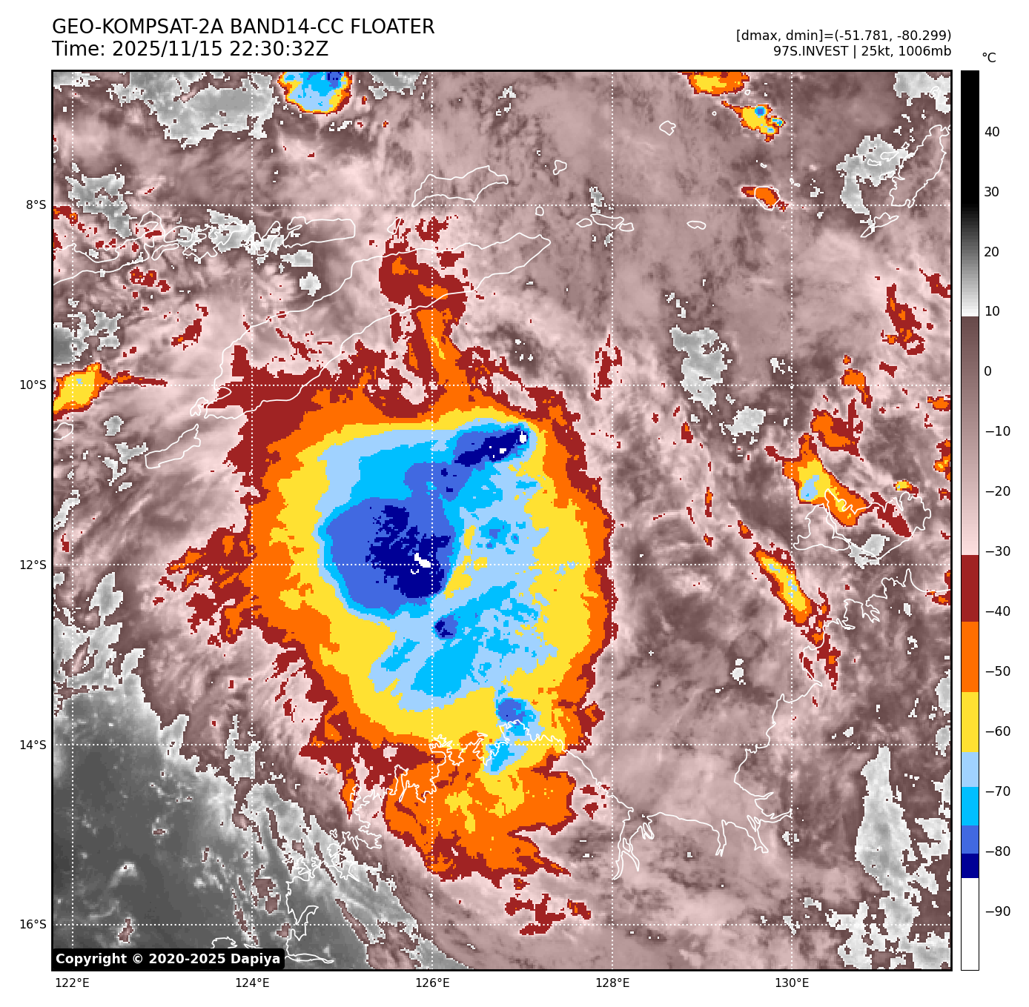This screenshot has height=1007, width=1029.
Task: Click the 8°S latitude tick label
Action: pyautogui.click(x=36, y=205)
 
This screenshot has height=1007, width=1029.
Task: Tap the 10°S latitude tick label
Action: pyautogui.click(x=33, y=385)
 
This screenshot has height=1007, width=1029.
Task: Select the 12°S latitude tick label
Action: pyautogui.click(x=33, y=565)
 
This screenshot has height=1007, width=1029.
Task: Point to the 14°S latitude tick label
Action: pyautogui.click(x=33, y=745)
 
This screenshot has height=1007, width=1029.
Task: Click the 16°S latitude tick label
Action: pyautogui.click(x=33, y=925)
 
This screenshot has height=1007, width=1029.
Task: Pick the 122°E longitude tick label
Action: pyautogui.click(x=73, y=983)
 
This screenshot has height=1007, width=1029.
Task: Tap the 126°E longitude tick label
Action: pyautogui.click(x=432, y=983)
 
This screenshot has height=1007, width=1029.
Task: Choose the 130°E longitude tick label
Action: pyautogui.click(x=792, y=983)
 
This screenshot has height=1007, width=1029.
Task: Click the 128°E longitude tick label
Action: pyautogui.click(x=612, y=983)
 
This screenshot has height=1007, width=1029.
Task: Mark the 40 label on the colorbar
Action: pyautogui.click(x=992, y=133)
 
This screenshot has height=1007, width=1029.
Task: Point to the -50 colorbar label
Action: pyautogui.click(x=997, y=671)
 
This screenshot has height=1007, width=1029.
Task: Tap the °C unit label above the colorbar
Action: pyautogui.click(x=989, y=58)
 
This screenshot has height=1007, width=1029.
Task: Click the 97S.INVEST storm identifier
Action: pyautogui.click(x=810, y=51)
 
